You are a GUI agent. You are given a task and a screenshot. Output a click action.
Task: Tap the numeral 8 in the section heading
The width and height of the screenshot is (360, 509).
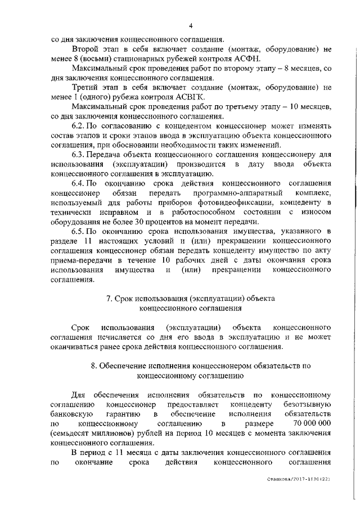(x=93, y=365)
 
